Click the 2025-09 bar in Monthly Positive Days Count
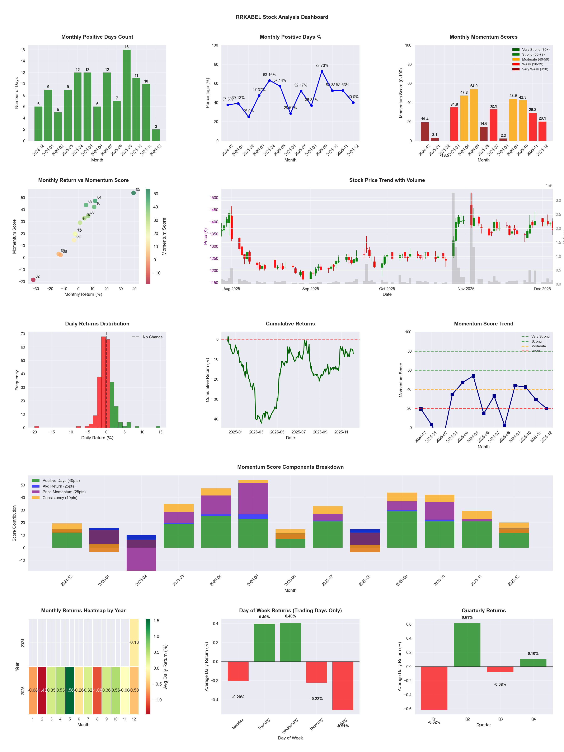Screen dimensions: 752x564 click(126, 95)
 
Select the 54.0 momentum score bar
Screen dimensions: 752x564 click(474, 115)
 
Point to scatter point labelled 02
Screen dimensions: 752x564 click(33, 280)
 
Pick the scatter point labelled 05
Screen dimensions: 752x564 click(134, 193)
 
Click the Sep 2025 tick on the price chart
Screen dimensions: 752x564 click(310, 289)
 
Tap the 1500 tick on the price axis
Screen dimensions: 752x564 click(214, 198)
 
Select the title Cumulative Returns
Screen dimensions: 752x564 click(290, 324)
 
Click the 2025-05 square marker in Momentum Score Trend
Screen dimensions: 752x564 click(473, 376)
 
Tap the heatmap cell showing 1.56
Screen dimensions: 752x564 click(70, 690)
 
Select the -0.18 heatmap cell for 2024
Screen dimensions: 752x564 click(134, 643)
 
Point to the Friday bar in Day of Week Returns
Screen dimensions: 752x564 click(343, 686)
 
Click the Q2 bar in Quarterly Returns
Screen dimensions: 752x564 click(467, 645)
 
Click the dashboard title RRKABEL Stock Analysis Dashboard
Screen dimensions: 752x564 click(282, 17)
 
